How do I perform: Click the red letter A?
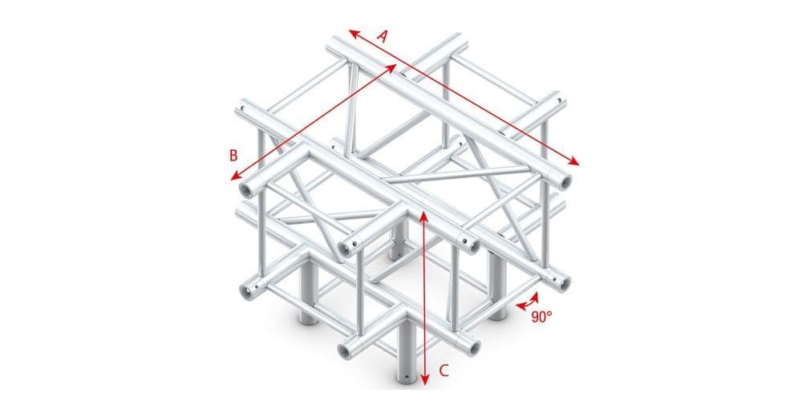pyautogui.click(x=383, y=35)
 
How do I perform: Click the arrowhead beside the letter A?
pyautogui.click(x=351, y=33)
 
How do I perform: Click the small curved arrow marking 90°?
pyautogui.click(x=527, y=302)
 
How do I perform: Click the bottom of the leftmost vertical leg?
pyautogui.click(x=308, y=314)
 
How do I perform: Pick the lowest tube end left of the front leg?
pyautogui.click(x=346, y=349)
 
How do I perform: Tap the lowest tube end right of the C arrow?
pyautogui.click(x=474, y=346)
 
